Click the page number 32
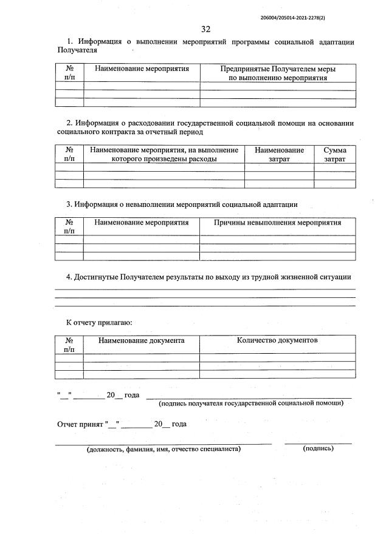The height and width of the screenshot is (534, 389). pos(205,29)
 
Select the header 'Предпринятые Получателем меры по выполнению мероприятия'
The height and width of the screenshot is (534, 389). pos(278,73)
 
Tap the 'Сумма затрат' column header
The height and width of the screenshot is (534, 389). pos(335,154)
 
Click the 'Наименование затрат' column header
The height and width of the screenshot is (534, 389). pos(279,154)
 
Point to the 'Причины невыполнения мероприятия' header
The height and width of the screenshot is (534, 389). pos(278,223)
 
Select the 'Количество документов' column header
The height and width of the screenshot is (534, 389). pos(277,340)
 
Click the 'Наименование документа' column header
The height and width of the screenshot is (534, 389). pos(141,341)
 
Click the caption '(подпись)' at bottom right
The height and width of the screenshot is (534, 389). pos(318,448)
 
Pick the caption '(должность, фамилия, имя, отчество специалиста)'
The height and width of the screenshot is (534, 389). pos(164,449)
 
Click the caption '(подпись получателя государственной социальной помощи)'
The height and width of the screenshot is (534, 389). pos(251,403)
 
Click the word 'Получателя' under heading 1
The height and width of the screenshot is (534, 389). pos(77,50)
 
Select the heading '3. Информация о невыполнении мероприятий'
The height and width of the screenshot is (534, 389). pos(182,204)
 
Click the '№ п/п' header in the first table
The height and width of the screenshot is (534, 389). pos(69,73)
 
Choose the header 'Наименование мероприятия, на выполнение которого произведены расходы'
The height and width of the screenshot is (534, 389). pos(164,154)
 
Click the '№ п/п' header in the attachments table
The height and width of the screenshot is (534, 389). pos(69,345)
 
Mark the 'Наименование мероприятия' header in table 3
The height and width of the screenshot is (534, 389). pos(141,223)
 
